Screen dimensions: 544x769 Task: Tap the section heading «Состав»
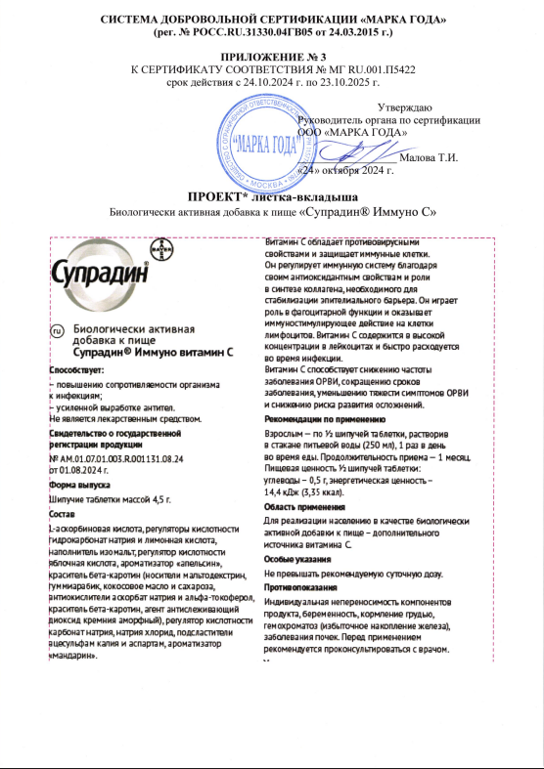66,515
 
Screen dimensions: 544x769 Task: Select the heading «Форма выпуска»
80,485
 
